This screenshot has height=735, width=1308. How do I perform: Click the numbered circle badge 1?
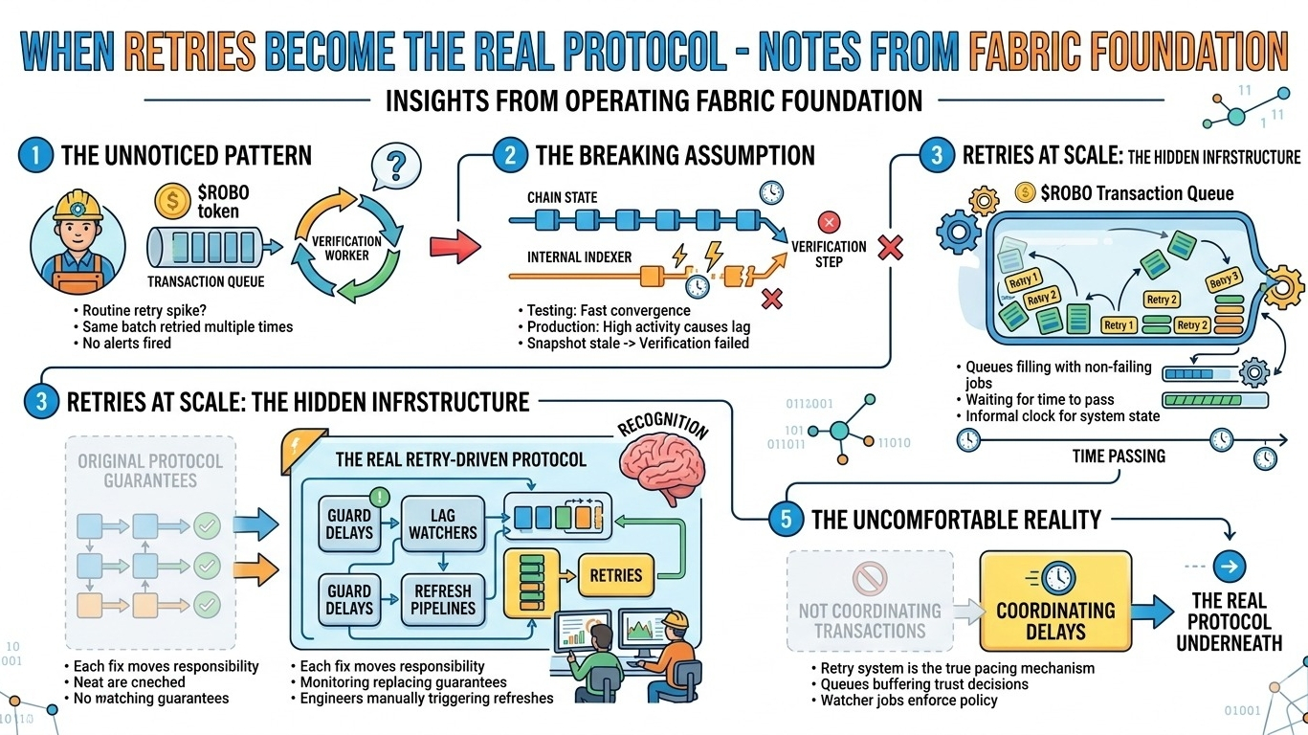[x=34, y=155]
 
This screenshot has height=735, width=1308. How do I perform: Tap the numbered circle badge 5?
[x=786, y=520]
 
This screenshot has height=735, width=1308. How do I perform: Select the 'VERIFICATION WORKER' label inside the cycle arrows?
[x=346, y=248]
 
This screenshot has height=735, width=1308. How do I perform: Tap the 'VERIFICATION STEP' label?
[x=829, y=254]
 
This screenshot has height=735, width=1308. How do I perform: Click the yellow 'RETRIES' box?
[x=616, y=574]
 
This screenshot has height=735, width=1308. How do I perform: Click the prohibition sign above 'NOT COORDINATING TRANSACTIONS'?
[x=870, y=579]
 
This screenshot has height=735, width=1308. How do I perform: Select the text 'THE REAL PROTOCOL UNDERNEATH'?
[x=1229, y=621]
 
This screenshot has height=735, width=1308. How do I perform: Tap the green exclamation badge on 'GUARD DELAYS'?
[x=380, y=497]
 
